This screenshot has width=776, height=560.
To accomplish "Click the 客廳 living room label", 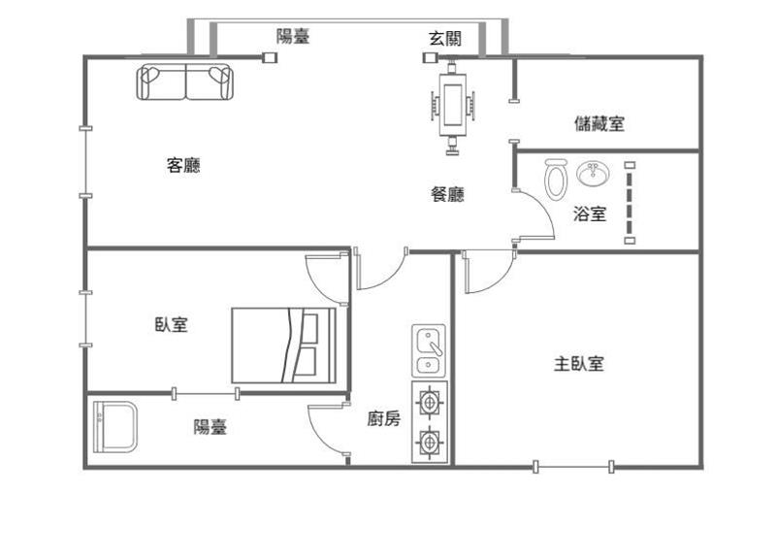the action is (x=183, y=165).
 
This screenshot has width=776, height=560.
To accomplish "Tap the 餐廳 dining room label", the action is (x=447, y=194).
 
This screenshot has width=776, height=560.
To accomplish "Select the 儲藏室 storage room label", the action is (x=599, y=123).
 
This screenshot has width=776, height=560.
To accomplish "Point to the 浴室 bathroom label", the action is (x=590, y=214).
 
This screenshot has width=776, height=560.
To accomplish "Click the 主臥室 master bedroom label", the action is (x=579, y=364).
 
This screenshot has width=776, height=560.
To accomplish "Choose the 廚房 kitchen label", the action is (x=383, y=419).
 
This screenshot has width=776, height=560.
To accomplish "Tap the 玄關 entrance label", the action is (x=445, y=38).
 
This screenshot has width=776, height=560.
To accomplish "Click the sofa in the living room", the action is (x=184, y=82).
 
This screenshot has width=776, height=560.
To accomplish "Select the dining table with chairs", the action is (x=452, y=106).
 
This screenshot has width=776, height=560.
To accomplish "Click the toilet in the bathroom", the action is (x=555, y=179).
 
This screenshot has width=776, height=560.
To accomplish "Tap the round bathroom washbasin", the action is (x=593, y=174).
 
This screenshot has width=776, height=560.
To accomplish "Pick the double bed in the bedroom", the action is (x=283, y=346).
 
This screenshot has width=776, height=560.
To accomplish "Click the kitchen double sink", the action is (x=429, y=351).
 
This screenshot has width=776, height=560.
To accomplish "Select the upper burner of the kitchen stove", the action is (x=429, y=402).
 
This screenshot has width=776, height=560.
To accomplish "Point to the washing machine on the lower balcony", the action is (x=114, y=427).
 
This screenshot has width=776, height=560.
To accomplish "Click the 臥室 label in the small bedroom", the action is (x=172, y=324).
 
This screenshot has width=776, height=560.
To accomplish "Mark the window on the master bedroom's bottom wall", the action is (x=573, y=467).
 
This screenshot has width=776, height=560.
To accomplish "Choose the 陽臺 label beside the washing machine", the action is (x=210, y=426).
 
